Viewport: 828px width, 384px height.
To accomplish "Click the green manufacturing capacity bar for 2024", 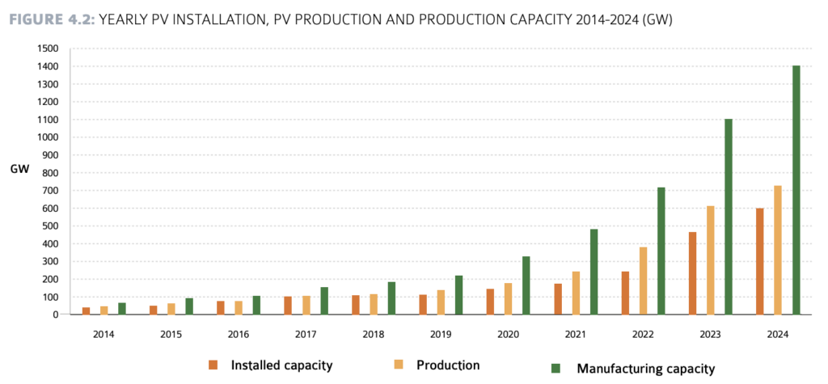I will point(796,190).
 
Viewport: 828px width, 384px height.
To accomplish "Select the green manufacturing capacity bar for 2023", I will point(729,217).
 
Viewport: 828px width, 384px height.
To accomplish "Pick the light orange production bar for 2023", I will point(710,260).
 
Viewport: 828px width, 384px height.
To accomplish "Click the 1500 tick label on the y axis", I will point(48,49).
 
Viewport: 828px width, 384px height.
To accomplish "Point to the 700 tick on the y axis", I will point(51,191).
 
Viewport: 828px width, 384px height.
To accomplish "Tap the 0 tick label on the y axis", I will point(56,314).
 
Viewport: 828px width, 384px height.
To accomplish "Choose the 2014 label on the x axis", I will point(103,332).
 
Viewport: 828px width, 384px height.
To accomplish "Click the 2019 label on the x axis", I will point(441,332).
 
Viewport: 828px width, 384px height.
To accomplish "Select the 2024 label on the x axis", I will point(777,332).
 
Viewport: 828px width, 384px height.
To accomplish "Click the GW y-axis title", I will point(20,169).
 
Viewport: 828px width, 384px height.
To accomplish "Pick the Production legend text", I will point(448,365).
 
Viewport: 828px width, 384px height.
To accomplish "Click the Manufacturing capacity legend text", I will point(645,369).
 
